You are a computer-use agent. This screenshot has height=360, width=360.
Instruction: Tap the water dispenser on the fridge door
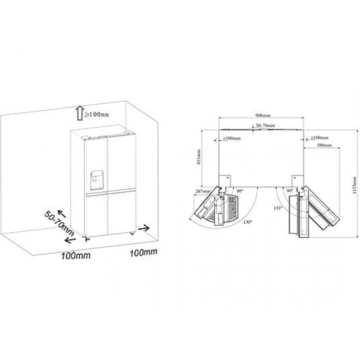click(x=97, y=179)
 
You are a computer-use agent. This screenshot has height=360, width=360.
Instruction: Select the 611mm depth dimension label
click(x=199, y=157)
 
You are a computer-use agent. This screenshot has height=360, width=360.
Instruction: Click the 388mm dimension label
click(x=324, y=145)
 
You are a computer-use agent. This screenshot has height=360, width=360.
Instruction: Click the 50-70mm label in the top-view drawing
click(x=265, y=126)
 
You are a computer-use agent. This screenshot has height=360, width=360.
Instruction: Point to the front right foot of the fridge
click(x=131, y=233)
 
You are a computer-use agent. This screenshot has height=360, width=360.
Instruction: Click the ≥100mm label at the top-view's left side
click(x=230, y=138)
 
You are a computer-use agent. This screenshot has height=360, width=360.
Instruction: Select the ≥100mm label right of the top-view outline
click(x=319, y=138)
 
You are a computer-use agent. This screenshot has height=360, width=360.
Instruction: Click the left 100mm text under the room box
click(x=76, y=256)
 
